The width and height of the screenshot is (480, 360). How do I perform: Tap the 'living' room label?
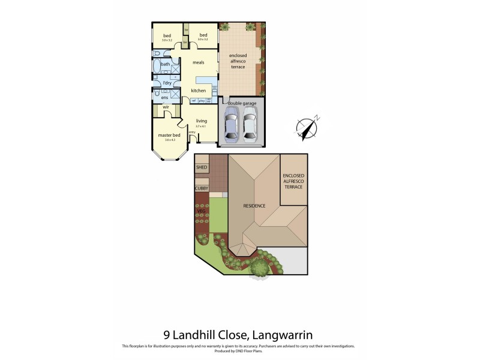[x=201, y=121]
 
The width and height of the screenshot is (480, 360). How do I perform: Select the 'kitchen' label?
[x=199, y=91]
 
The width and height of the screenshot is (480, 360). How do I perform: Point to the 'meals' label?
[x=199, y=62]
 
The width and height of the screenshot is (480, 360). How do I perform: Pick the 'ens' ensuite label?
[x=164, y=97]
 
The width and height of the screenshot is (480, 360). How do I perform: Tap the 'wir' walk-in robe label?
[x=166, y=109]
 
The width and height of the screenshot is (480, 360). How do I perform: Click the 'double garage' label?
[x=241, y=103]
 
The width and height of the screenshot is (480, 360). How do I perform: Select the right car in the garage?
[x=250, y=125]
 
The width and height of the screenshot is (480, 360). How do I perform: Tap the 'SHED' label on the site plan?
[x=202, y=167]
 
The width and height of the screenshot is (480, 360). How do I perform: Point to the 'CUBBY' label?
[x=202, y=188]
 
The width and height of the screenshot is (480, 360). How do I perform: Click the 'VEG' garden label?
[x=201, y=211]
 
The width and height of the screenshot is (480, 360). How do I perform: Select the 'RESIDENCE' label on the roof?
[x=254, y=206]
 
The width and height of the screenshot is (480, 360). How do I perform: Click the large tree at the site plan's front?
[x=259, y=266]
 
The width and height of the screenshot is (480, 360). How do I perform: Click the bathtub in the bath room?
[x=157, y=67]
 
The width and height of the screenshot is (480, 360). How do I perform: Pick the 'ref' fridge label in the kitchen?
[x=194, y=100]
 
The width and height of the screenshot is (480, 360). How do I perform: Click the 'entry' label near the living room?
[x=192, y=132]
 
